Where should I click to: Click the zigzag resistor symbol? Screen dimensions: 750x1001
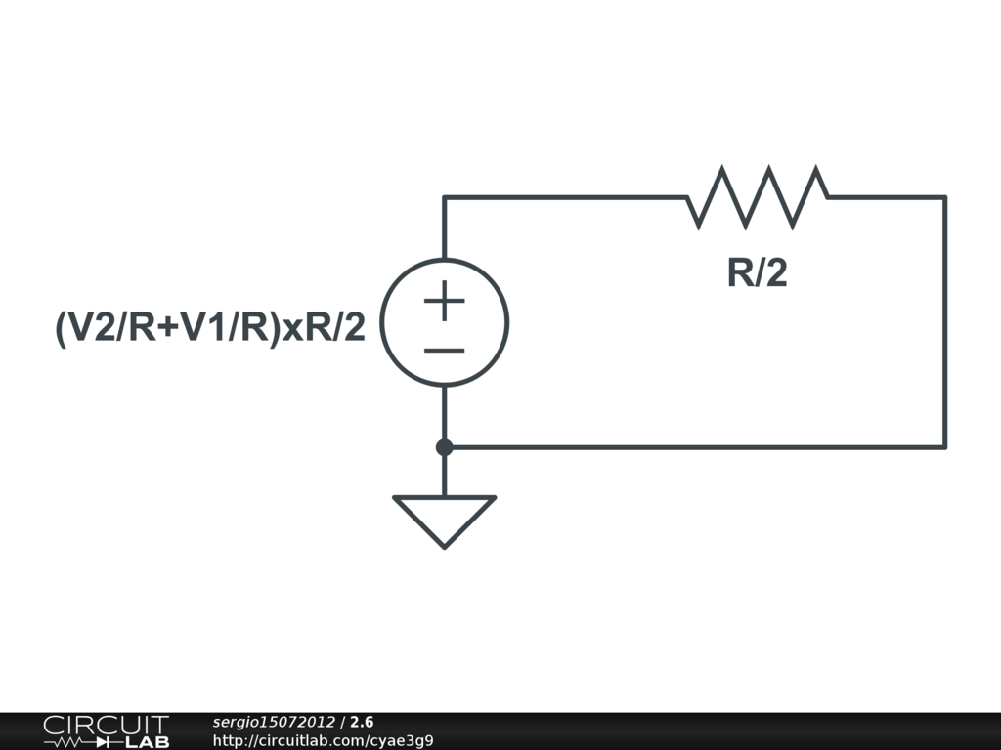point(758,197)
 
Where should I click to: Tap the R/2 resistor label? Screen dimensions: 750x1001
point(757,274)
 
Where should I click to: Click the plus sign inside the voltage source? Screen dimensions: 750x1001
point(445,301)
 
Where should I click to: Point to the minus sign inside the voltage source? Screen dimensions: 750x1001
point(445,350)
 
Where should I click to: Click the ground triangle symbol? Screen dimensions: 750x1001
point(445,518)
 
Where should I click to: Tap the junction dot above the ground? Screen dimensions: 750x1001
point(445,447)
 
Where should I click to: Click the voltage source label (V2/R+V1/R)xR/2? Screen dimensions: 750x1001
point(210,328)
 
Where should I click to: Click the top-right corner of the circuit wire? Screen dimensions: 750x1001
point(944,198)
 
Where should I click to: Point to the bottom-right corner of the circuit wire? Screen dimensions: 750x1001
point(944,447)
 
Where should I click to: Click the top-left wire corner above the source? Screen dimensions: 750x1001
point(445,198)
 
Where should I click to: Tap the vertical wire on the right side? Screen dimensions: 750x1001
point(944,322)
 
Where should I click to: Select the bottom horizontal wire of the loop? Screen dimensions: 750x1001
point(694,447)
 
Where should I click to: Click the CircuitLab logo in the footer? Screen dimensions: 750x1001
point(106,730)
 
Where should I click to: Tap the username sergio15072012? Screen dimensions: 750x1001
point(274,722)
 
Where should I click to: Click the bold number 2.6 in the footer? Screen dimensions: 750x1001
point(362,722)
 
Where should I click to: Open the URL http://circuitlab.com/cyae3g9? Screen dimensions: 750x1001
point(323,740)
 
